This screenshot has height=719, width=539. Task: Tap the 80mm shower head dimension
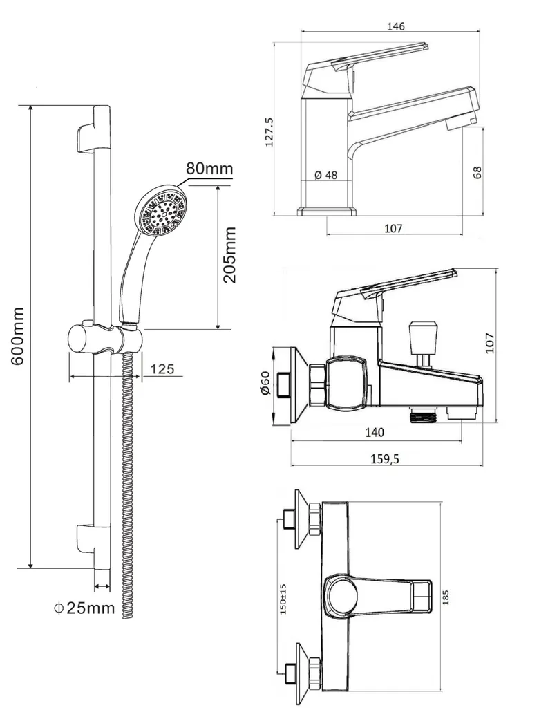209,168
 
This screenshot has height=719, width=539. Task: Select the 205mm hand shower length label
229,255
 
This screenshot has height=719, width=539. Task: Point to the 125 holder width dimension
162,369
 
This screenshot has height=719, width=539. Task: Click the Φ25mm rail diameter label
84,608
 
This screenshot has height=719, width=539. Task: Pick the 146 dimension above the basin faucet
395,26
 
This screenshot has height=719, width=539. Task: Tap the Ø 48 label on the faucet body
326,175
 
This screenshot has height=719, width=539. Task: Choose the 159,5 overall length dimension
384,458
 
